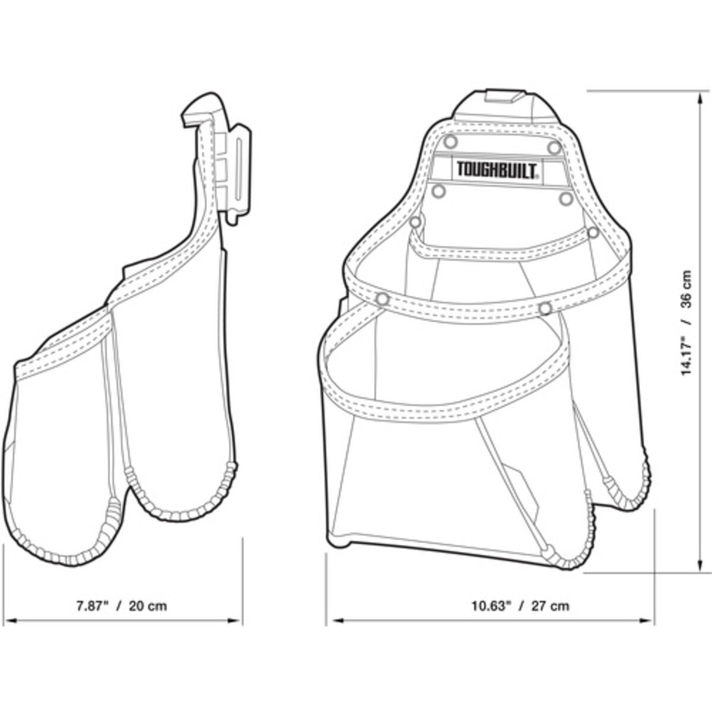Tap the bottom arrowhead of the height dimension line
[x=700, y=576]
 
